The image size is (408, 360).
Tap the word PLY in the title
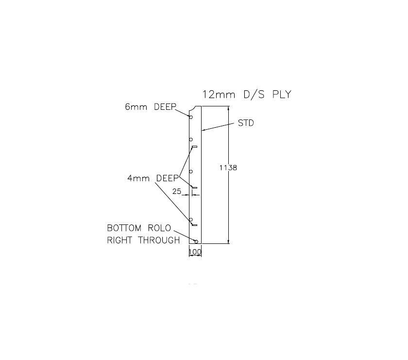click(x=282, y=94)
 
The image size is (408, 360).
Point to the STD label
click(x=246, y=123)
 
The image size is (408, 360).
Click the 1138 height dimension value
click(x=228, y=167)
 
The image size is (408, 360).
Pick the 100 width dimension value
click(x=195, y=253)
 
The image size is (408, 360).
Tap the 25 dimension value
click(x=177, y=192)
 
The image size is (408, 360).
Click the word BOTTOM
click(x=124, y=228)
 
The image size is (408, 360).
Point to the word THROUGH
click(x=159, y=240)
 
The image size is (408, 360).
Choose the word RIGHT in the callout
click(x=120, y=240)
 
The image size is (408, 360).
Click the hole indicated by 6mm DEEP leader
click(x=191, y=117)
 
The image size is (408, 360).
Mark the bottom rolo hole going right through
click(x=196, y=241)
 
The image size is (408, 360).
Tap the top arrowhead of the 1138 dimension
click(x=228, y=109)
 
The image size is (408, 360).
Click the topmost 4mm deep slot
click(x=194, y=146)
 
